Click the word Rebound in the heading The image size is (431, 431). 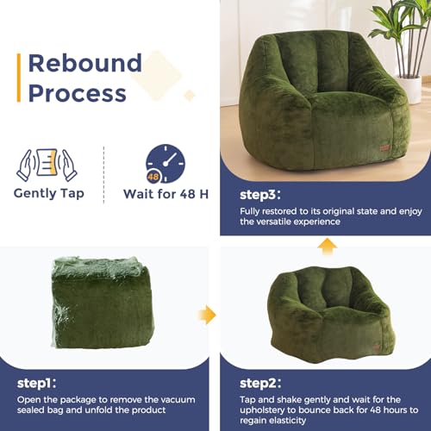[x=85, y=63]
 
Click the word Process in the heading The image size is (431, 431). [x=78, y=93]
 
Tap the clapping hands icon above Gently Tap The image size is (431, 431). [x=47, y=165]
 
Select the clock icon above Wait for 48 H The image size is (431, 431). [x=166, y=164]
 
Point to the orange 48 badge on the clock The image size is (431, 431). [x=153, y=176]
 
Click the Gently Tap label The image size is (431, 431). [x=49, y=193]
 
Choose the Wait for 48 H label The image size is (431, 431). [x=166, y=194]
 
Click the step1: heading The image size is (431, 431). [x=36, y=383]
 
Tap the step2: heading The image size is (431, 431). [x=260, y=383]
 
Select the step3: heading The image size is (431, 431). [x=260, y=195]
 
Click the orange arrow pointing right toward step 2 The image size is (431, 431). [x=208, y=315]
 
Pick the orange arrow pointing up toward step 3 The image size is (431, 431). [x=328, y=247]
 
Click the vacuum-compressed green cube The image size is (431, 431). [x=103, y=303]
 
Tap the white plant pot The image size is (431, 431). [x=409, y=89]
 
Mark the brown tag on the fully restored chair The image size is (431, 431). [x=385, y=147]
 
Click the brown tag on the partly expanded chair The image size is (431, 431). [x=377, y=347]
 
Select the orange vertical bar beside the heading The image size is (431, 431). [x=19, y=78]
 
